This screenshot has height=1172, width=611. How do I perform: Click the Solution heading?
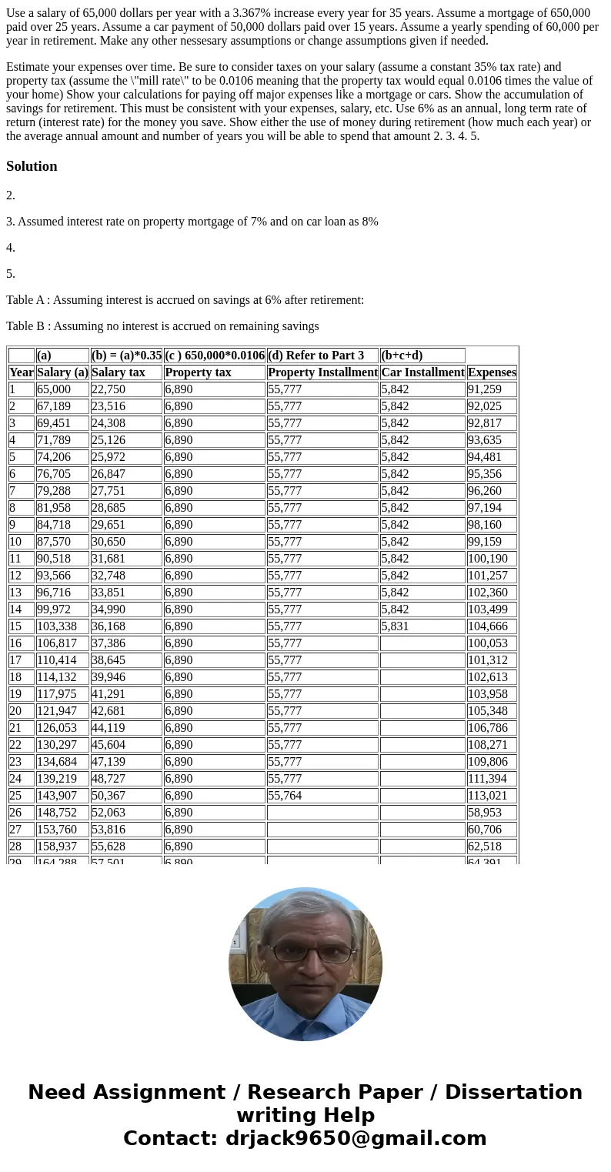[32, 166]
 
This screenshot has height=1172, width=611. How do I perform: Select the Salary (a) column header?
[62, 372]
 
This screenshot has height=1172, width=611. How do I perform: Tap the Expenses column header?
[492, 372]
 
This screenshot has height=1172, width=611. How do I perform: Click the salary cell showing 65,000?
[53, 389]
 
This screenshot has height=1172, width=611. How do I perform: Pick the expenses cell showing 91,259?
[484, 389]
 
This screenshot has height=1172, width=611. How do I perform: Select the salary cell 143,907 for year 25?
[57, 796]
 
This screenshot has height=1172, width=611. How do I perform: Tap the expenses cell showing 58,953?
[484, 813]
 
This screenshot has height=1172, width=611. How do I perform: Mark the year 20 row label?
[15, 711]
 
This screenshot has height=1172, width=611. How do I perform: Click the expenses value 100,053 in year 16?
[487, 643]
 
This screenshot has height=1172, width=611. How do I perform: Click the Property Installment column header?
[322, 372]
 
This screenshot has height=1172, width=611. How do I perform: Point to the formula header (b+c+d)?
[402, 356]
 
